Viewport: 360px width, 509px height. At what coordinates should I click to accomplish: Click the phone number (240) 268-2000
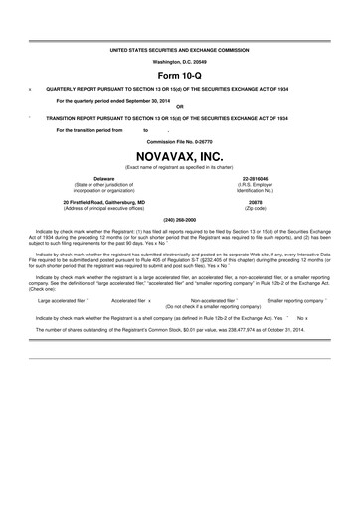point(180,218)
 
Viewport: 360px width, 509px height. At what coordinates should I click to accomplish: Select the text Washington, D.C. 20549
point(180,60)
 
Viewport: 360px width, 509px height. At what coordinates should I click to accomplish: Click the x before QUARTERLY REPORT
point(32,88)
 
